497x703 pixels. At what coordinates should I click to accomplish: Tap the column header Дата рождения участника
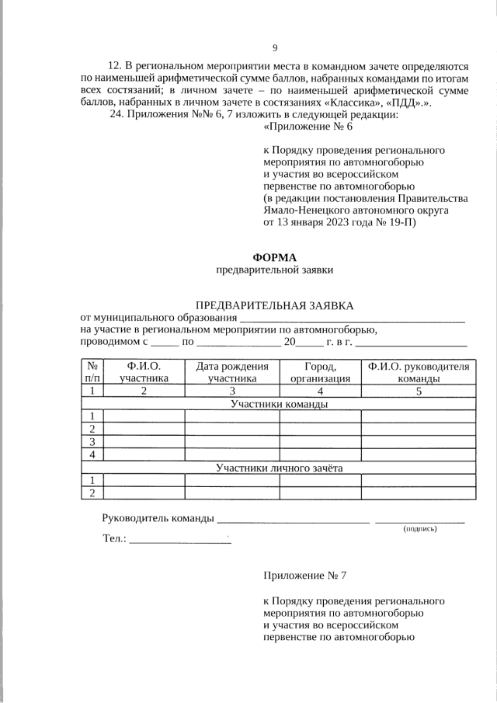point(231,372)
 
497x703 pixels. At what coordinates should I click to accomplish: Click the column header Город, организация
point(320,372)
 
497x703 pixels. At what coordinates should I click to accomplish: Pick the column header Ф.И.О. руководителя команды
point(419,372)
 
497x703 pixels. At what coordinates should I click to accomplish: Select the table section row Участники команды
point(279,404)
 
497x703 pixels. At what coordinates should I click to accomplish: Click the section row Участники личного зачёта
point(279,468)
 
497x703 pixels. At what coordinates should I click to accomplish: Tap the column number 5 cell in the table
point(419,391)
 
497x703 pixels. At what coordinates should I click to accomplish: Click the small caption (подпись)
point(419,529)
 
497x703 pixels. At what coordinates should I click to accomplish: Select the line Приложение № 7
point(304,576)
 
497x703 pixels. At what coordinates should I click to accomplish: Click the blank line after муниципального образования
point(352,319)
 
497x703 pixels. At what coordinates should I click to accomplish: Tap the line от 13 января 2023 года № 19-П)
point(340,222)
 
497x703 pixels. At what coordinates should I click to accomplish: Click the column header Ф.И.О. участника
point(144,372)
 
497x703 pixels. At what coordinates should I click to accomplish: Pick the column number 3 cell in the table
point(231,391)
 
